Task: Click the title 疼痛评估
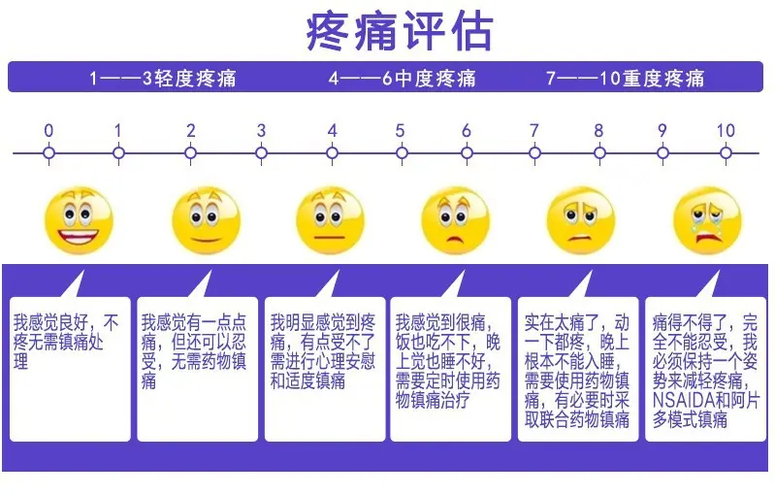[x=400, y=32]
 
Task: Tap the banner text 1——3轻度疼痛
[x=163, y=79]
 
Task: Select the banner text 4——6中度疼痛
[x=403, y=79]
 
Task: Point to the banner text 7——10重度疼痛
[x=626, y=79]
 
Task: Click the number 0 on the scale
[x=48, y=131]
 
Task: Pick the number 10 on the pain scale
[x=726, y=131]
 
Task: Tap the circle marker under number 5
[x=403, y=153]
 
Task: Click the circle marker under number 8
[x=599, y=153]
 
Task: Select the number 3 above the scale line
[x=261, y=131]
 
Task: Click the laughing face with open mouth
[x=80, y=220]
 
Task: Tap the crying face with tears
[x=707, y=220]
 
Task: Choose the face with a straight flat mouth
[x=330, y=220]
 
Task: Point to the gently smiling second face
[x=207, y=220]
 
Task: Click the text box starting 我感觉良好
[x=70, y=369]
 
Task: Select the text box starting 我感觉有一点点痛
[x=198, y=369]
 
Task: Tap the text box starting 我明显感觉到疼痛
[x=325, y=369]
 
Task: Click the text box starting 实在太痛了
[x=578, y=369]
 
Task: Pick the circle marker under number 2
[x=190, y=153]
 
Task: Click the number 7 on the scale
[x=533, y=131]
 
